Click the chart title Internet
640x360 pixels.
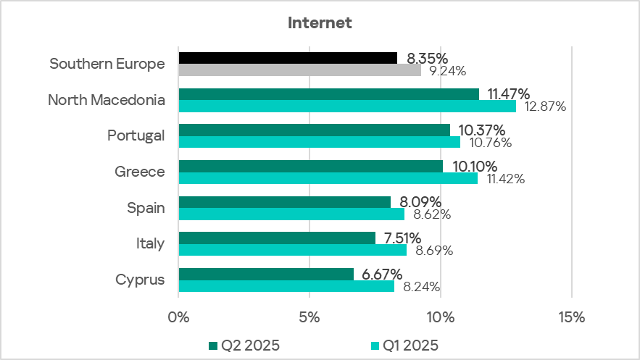pos(320,23)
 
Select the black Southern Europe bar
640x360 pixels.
pos(288,58)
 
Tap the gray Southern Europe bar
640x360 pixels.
pos(299,70)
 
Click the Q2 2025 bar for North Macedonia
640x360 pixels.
pos(328,94)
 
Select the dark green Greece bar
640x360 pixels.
pos(310,166)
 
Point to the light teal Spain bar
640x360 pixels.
pos(291,214)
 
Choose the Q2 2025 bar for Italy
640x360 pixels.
pos(277,238)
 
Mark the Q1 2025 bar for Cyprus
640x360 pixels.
pos(286,286)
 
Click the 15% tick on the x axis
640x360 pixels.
pos(571,317)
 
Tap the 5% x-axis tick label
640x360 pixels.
pos(309,317)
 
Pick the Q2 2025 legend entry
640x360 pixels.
pos(244,345)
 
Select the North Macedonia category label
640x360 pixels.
pos(107,100)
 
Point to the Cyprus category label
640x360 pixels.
pos(140,280)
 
